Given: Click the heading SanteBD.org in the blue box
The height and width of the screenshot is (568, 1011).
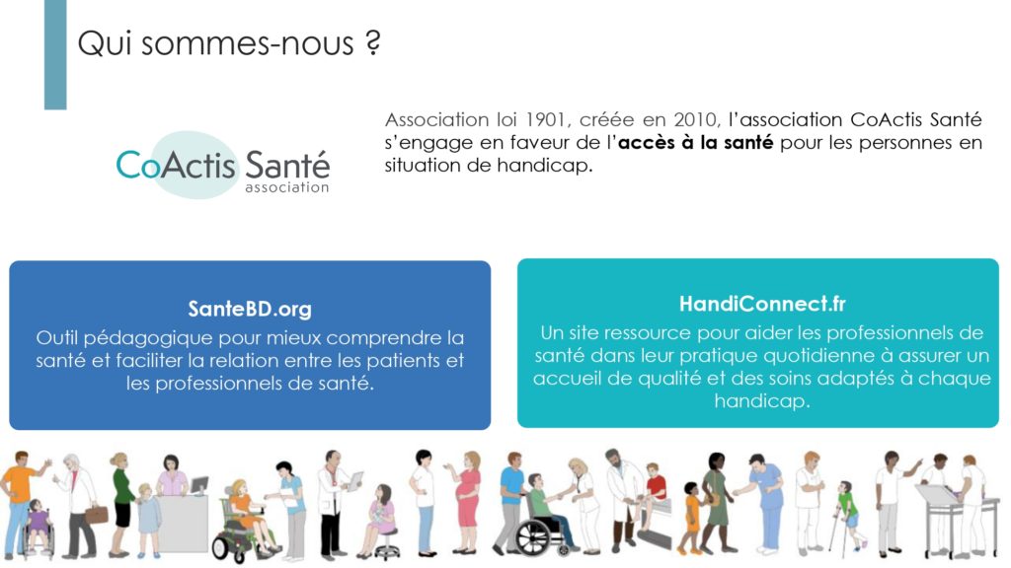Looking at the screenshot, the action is pos(250,309).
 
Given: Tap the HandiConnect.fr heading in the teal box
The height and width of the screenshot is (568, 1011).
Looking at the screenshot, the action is pos(762,304).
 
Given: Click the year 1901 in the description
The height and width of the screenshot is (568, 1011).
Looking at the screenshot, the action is pos(546,119).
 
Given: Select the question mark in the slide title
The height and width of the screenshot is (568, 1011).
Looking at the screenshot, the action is pos(372,42).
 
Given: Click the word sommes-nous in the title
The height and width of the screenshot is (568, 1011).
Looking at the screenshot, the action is pos(247,43).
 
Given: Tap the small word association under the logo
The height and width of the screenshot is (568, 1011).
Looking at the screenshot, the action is pos(287,187).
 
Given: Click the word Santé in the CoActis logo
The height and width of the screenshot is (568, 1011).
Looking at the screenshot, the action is pos(287,165).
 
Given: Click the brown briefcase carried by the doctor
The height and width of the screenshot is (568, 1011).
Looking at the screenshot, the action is pos(96,514).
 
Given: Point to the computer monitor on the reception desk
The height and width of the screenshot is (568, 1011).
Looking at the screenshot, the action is pos(198,485).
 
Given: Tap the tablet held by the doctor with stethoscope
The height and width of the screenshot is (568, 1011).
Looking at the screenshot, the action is pos(355,480).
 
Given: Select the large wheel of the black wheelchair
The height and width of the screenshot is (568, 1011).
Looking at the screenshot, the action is pos(533,536).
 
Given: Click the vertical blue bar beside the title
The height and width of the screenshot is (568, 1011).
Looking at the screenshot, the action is pos(55,54).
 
